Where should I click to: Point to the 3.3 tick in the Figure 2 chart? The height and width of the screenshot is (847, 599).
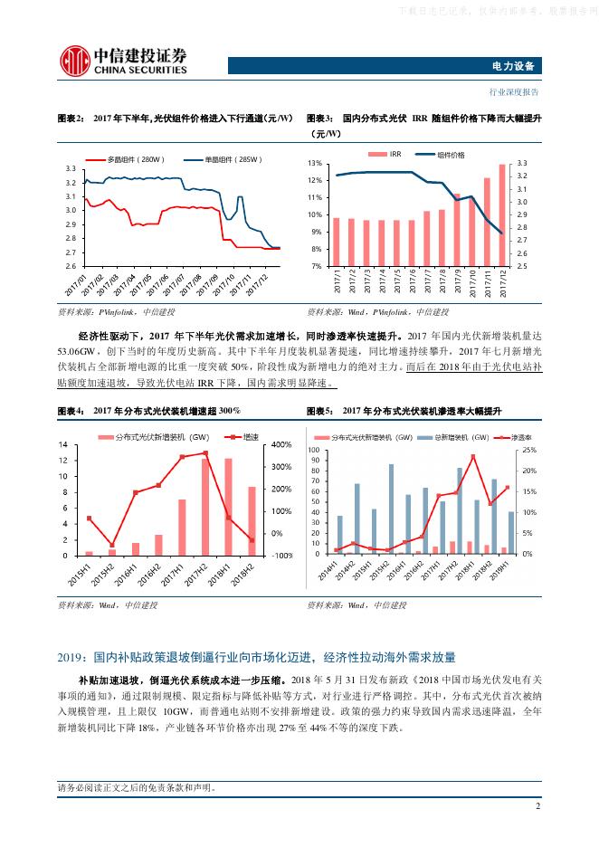point(71,169)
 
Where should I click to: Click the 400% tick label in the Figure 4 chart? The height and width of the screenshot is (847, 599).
point(281,445)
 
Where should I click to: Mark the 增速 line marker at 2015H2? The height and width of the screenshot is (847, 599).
point(112,545)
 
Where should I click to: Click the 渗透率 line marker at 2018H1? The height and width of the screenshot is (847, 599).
point(473,457)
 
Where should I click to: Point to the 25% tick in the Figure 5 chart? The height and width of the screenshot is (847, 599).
point(530,450)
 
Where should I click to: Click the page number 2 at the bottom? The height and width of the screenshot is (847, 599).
point(537,807)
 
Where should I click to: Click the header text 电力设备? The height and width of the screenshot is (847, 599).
point(518,66)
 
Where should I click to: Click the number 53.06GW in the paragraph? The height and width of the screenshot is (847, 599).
point(73,351)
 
